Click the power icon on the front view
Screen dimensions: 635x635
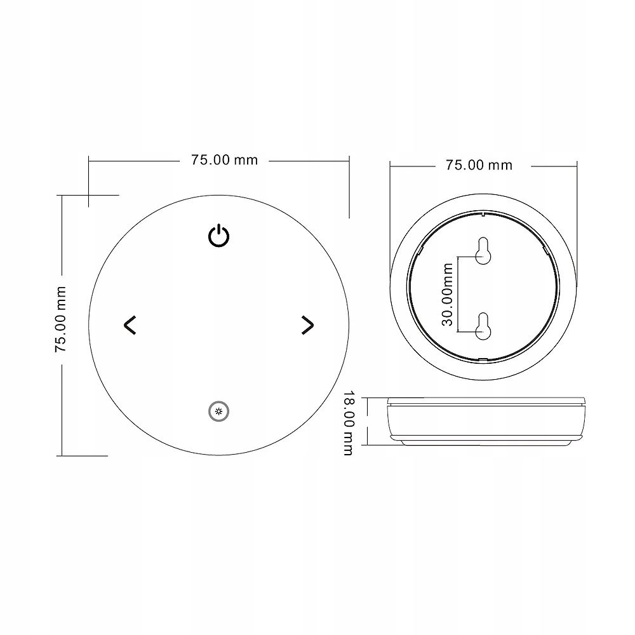(219, 236)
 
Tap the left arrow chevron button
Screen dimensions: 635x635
(130, 324)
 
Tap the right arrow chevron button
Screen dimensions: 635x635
(307, 324)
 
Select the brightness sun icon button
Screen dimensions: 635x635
(219, 412)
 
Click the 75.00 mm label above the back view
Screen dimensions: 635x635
(478, 165)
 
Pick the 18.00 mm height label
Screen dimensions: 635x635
(347, 424)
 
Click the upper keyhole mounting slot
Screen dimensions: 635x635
(483, 251)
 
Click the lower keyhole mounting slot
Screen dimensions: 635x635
(483, 324)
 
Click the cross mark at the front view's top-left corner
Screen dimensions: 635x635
(88, 195)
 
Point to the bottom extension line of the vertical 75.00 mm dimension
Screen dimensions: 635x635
(83, 455)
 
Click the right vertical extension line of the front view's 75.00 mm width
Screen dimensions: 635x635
(349, 190)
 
